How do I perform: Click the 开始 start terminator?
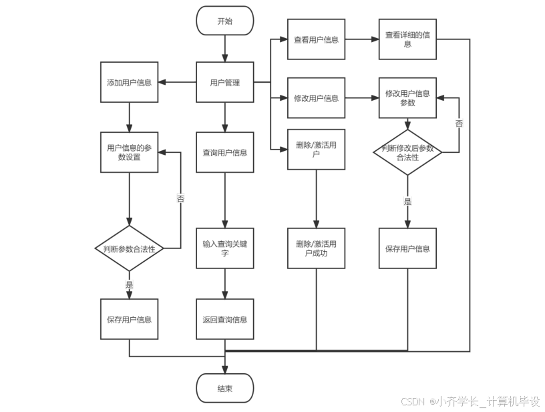[225, 21]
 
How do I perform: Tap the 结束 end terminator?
[225, 389]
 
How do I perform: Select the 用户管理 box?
[225, 83]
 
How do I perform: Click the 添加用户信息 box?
[129, 83]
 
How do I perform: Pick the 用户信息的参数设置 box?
[129, 152]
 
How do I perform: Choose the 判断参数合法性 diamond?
[129, 248]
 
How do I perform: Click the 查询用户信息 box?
[225, 152]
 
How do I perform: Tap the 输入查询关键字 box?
[225, 248]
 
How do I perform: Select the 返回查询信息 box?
[225, 319]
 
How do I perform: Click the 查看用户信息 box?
[316, 39]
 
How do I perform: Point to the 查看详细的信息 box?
[407, 39]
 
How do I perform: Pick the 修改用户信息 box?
[316, 98]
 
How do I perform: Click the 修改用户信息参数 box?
[407, 98]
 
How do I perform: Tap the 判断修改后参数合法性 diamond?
[407, 153]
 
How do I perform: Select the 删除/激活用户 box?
[316, 149]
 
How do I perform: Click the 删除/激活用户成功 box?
[316, 248]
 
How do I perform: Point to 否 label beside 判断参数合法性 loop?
[180, 198]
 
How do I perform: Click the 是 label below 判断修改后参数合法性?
[407, 201]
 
